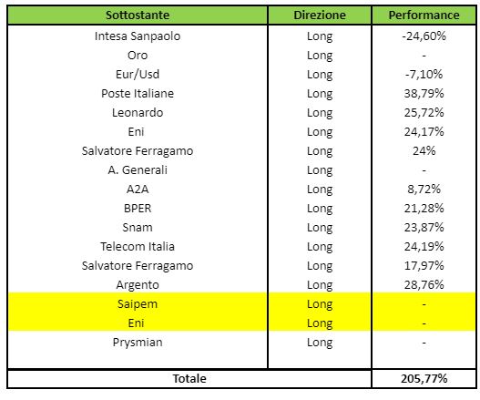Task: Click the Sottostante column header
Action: [x=138, y=15]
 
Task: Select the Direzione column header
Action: [x=320, y=15]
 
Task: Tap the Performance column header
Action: [x=424, y=15]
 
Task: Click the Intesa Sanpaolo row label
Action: [x=138, y=36]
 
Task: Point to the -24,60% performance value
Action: [x=424, y=36]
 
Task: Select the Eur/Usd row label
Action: [x=138, y=75]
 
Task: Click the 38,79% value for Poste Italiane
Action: [x=424, y=94]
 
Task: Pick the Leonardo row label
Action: [x=138, y=113]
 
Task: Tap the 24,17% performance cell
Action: [x=424, y=132]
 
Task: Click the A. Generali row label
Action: [x=138, y=170]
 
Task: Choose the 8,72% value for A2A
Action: [x=424, y=190]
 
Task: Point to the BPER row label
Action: [x=138, y=209]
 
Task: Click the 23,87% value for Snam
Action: [x=424, y=228]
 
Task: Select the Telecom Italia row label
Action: [x=138, y=247]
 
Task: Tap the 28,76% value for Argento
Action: [x=424, y=285]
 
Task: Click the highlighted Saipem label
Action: [x=138, y=304]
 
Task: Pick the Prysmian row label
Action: [x=138, y=343]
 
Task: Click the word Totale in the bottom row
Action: [x=189, y=378]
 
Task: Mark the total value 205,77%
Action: [x=424, y=378]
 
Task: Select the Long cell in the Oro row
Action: [x=320, y=56]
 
